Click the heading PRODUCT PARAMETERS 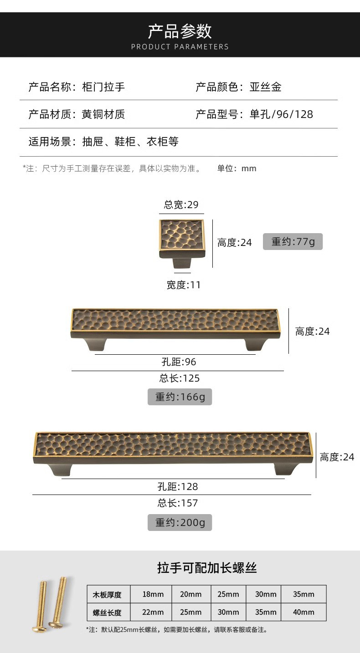coord(180,46)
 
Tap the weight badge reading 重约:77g coord(293,241)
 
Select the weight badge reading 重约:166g coord(180,397)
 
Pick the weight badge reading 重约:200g coord(180,522)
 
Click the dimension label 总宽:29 coord(181,205)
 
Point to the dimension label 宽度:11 coord(183,285)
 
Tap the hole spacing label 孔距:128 coord(178,487)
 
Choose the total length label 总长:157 coord(178,503)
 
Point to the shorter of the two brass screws coord(42,606)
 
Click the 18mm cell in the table coord(153,594)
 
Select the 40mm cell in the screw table coord(303,612)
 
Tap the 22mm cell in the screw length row coord(153,612)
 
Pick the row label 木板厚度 coord(108,595)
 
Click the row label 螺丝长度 coord(108,612)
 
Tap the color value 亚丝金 coord(266,87)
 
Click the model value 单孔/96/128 coord(282,114)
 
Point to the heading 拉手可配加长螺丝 coord(207,568)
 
